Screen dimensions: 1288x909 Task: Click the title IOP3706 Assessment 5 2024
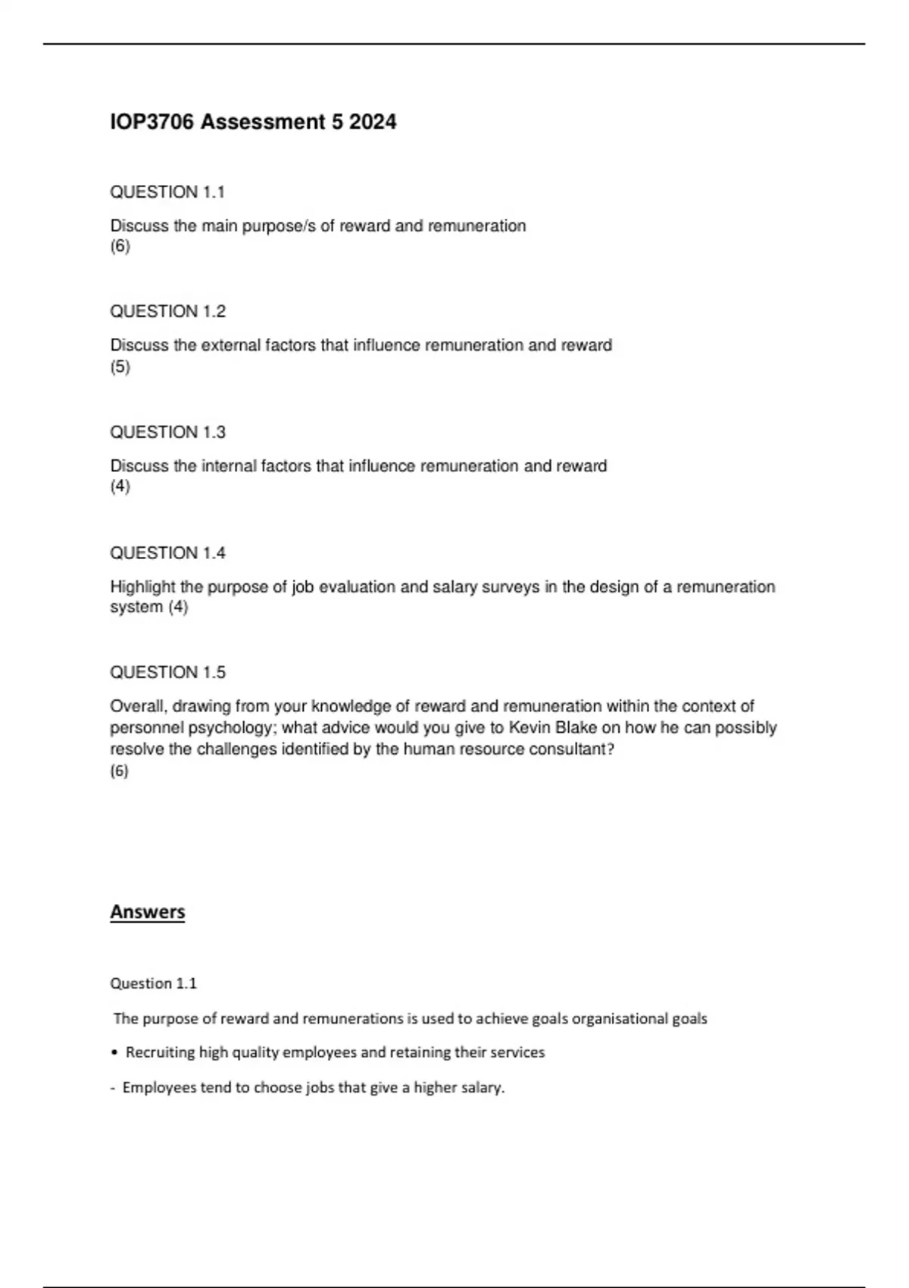(x=253, y=122)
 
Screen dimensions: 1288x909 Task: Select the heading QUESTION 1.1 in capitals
(x=167, y=192)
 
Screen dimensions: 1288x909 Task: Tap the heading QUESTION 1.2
(x=167, y=311)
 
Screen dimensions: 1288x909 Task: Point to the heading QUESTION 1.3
(x=167, y=432)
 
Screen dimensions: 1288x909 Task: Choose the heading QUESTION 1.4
(x=167, y=553)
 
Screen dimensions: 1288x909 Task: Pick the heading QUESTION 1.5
(x=167, y=672)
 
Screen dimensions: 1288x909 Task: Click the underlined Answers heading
(x=147, y=911)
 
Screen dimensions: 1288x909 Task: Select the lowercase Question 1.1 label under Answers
(x=153, y=983)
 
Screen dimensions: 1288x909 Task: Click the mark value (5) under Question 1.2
(x=120, y=367)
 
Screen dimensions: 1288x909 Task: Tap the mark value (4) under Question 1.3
(x=120, y=486)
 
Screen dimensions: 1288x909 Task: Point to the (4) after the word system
(x=178, y=607)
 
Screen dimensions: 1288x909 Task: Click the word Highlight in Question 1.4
(x=142, y=586)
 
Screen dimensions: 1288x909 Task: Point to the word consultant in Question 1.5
(x=568, y=749)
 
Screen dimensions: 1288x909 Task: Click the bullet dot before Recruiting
(x=114, y=1052)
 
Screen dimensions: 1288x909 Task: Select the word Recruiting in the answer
(x=160, y=1052)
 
